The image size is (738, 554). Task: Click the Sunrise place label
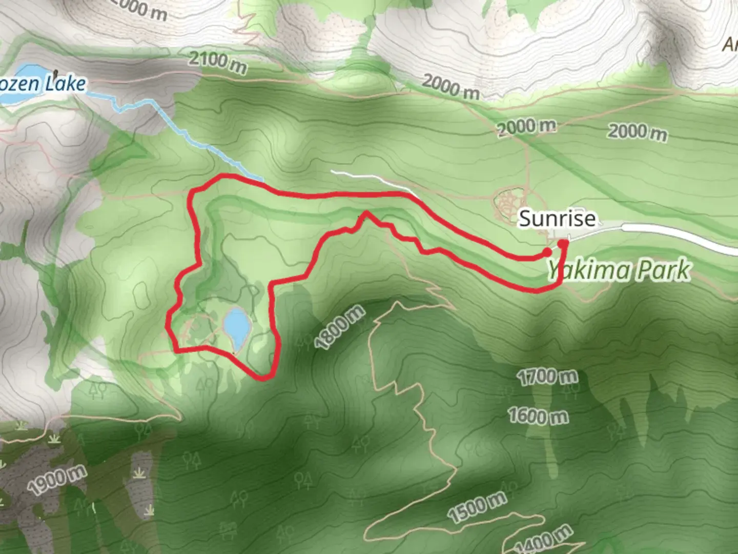557,219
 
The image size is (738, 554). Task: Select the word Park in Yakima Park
664,270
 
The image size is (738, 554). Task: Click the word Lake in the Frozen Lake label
65,83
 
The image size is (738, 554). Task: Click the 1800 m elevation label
340,328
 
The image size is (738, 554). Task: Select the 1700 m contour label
547,378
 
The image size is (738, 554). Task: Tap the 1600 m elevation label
538,415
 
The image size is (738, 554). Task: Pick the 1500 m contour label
477,506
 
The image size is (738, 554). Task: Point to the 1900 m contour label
57,481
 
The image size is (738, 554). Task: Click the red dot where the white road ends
563,244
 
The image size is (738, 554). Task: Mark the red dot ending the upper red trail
547,252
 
